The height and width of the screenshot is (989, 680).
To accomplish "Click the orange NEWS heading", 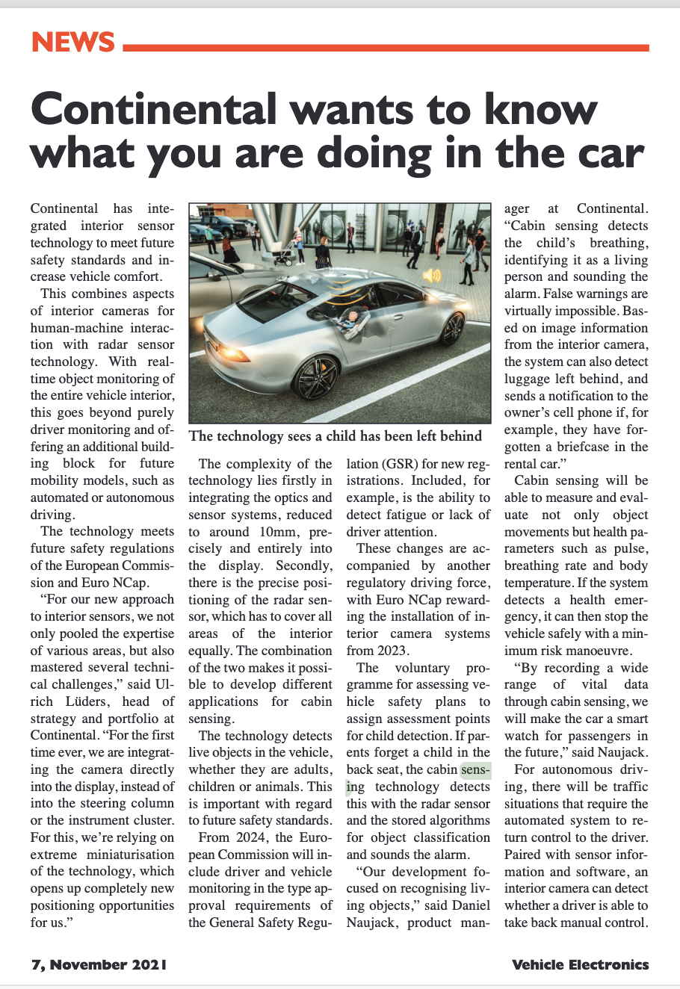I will [x=72, y=42].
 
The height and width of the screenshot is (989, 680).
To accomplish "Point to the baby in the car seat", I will [x=351, y=321].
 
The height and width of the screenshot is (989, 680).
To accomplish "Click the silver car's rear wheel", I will [x=318, y=377].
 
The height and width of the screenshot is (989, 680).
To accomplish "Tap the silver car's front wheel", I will [x=452, y=328].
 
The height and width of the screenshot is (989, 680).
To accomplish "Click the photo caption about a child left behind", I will [x=335, y=435].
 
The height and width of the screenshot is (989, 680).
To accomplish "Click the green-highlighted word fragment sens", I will [x=476, y=769].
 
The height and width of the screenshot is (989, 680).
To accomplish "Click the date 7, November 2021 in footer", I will [x=99, y=964].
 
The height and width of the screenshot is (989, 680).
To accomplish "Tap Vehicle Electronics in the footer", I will [x=580, y=964].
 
